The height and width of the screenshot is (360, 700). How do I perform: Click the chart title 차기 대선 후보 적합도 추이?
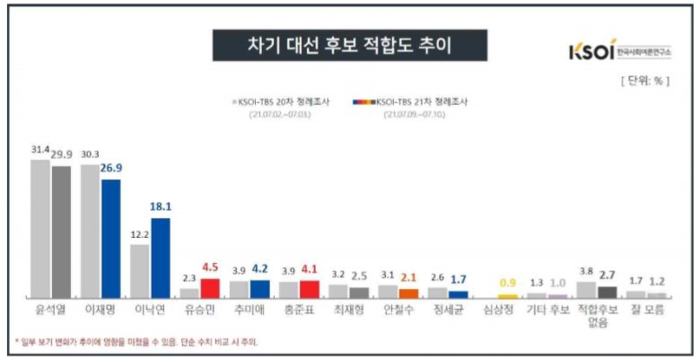(349, 45)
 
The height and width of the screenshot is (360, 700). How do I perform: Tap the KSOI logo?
(618, 51)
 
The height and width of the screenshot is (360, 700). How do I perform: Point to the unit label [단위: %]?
(645, 81)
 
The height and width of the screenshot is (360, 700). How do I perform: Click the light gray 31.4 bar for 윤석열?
(40, 228)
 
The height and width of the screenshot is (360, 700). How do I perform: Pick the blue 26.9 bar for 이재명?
(110, 238)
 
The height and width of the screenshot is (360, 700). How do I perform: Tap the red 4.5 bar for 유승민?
(210, 287)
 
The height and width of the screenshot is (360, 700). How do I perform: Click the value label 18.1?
(162, 206)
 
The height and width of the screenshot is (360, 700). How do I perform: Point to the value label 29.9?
(62, 154)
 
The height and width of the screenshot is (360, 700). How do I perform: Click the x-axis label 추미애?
(249, 315)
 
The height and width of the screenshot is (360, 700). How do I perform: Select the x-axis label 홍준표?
(299, 315)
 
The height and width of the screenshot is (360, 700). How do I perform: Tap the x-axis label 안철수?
(398, 315)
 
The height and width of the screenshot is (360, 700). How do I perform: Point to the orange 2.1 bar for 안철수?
(408, 292)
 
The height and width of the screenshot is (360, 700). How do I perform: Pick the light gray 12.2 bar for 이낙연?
(139, 270)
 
